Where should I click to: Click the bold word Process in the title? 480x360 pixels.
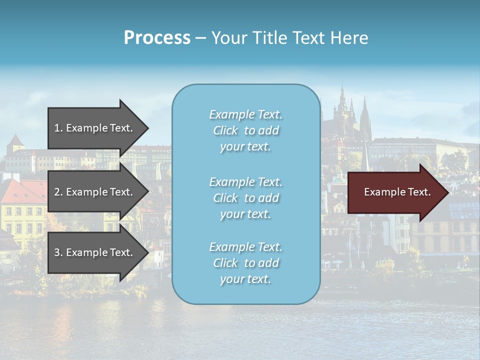[157, 37]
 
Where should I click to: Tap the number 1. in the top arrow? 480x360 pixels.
[58, 128]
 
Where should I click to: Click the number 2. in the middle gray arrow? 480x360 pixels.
[58, 192]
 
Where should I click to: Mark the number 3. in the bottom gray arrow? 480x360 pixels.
[58, 252]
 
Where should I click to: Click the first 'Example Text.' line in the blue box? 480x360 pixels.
[245, 115]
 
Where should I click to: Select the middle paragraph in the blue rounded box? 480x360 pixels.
[245, 198]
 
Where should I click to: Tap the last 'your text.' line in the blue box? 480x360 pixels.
[245, 279]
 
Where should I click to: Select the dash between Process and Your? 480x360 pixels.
[200, 38]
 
